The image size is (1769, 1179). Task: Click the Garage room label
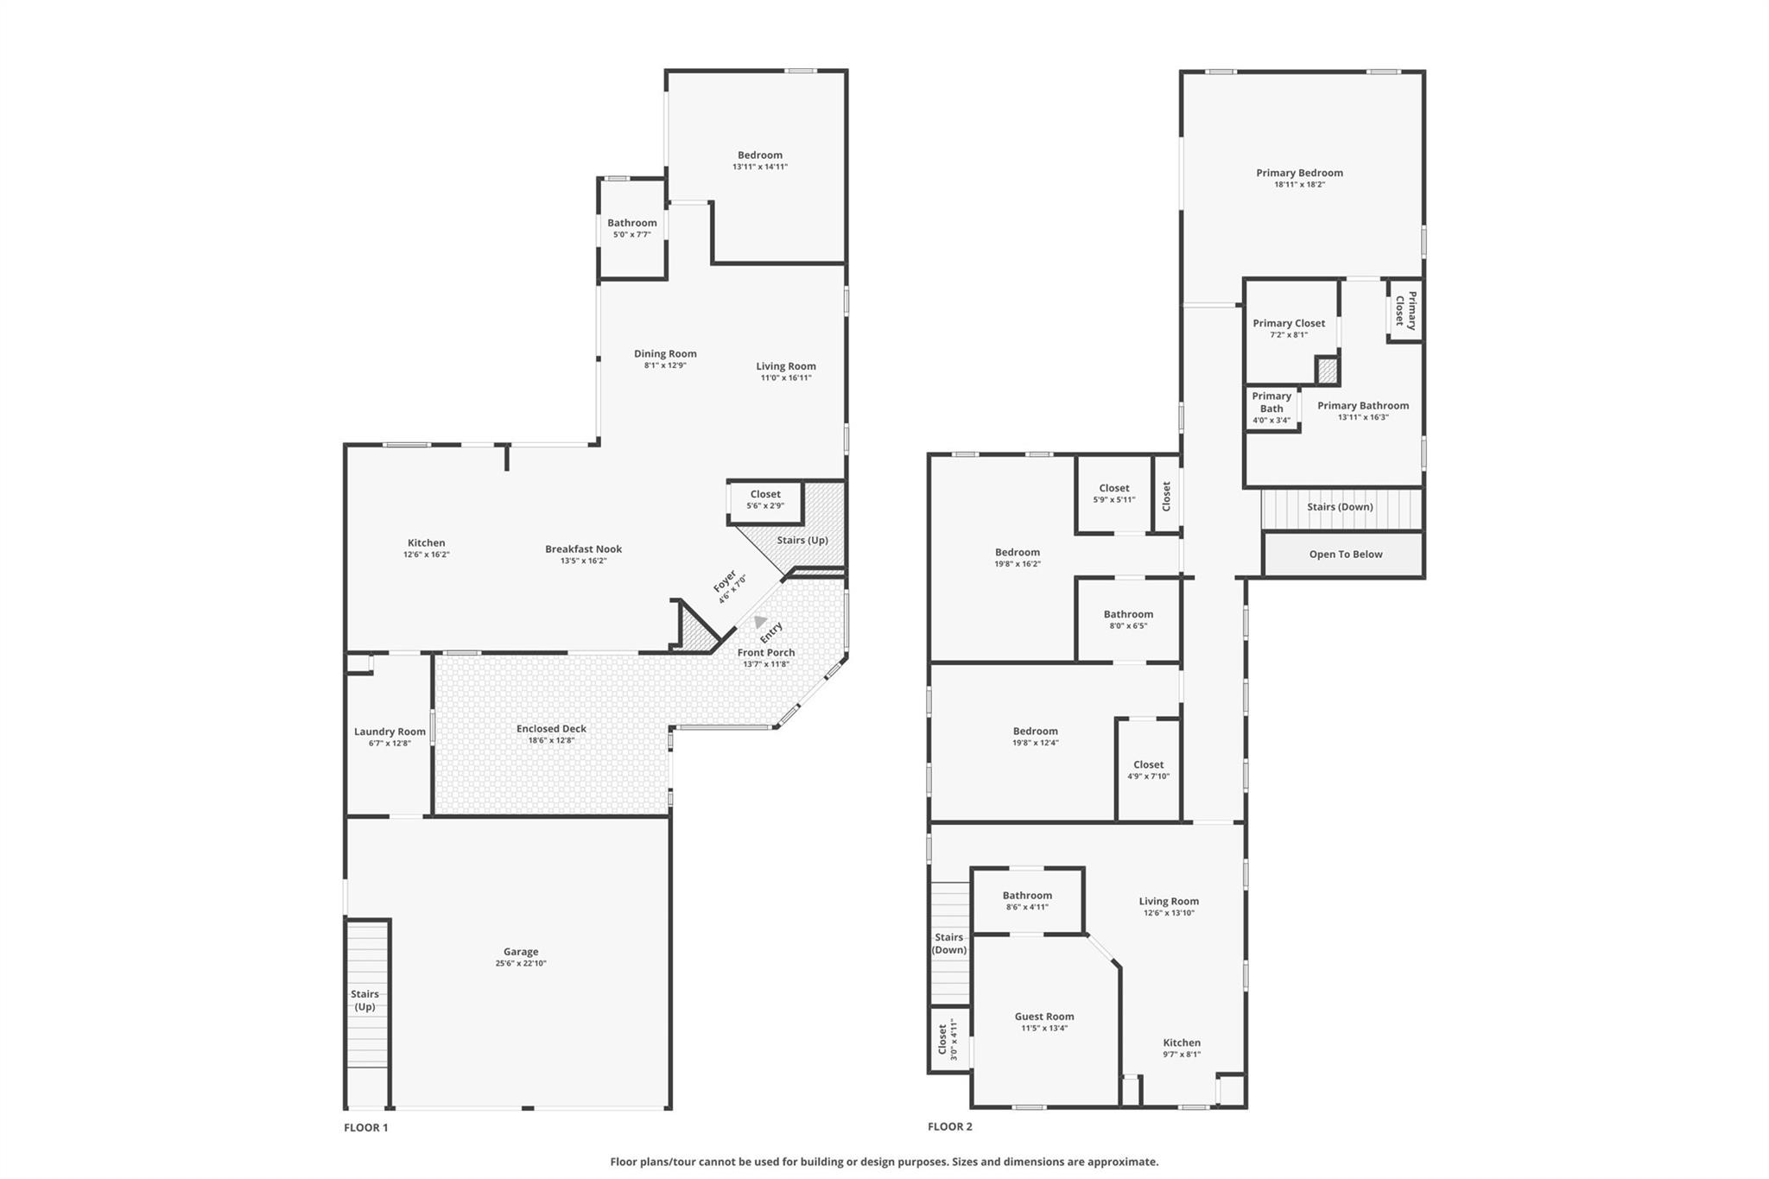point(521,951)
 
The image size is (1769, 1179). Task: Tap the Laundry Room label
point(390,732)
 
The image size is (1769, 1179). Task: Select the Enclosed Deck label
point(551,728)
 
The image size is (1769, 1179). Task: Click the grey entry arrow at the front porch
point(759,621)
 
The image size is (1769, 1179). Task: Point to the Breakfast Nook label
point(583,548)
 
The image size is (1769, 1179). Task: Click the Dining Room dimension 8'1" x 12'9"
point(665,365)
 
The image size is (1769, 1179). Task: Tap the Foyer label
point(725,580)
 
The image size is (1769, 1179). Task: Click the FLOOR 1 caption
point(366,1127)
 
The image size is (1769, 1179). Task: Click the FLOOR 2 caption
point(950,1126)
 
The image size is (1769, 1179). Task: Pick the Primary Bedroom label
point(1299,173)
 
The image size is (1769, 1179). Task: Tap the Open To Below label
point(1346,555)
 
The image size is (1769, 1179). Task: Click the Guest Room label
point(1044,1017)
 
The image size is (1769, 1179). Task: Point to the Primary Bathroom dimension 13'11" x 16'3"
point(1363,417)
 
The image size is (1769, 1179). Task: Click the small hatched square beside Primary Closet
point(1328,371)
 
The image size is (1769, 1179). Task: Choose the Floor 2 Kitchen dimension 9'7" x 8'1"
point(1182,1054)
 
